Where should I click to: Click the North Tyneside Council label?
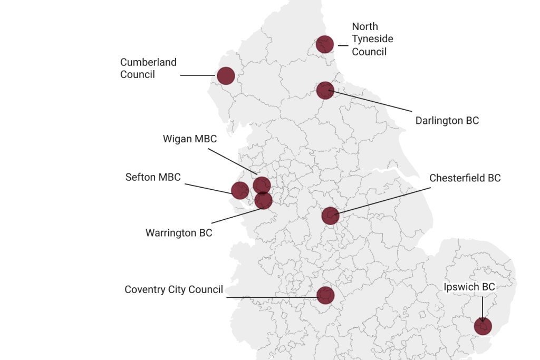(x=372, y=39)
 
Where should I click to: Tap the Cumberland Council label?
(x=148, y=69)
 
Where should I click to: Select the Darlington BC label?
(x=447, y=121)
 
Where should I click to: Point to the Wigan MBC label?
(x=189, y=139)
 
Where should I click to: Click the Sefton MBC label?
(x=153, y=177)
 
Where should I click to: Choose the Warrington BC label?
(x=179, y=232)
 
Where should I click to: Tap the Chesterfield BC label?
(x=465, y=178)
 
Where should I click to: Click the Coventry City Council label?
(x=173, y=289)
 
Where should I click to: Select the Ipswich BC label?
(x=469, y=287)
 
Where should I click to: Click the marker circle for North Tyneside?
(x=325, y=44)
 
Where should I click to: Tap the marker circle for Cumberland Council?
(x=226, y=76)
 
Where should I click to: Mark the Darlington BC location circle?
(x=325, y=90)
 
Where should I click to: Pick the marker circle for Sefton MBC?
(x=240, y=190)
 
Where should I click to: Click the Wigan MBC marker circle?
(x=262, y=185)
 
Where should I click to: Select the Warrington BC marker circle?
(x=263, y=200)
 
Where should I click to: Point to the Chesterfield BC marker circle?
(x=330, y=216)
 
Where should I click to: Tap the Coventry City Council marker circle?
(x=326, y=295)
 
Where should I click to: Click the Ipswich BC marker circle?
(x=483, y=326)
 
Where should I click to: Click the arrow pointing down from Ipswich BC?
(x=482, y=308)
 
